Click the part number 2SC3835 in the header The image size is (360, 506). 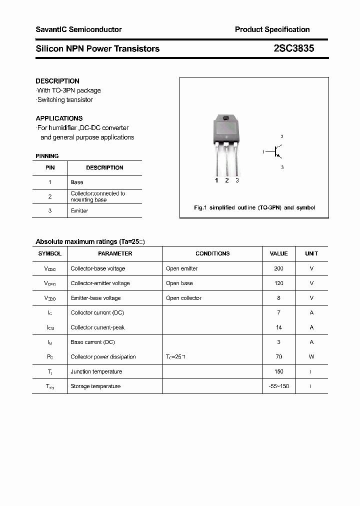[294, 48]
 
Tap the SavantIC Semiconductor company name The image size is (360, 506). [78, 29]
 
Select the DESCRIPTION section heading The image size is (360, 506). [57, 81]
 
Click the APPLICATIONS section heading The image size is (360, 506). [59, 118]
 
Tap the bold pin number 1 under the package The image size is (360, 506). [216, 180]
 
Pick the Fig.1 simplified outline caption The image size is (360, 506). [254, 207]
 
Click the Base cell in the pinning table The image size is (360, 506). [77, 182]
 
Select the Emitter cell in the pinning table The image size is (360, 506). [79, 211]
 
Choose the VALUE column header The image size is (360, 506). [278, 253]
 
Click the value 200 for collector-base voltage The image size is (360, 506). [278, 268]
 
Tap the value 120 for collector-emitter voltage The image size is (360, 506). [278, 283]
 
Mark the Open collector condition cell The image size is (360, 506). [183, 298]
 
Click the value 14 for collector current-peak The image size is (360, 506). [278, 327]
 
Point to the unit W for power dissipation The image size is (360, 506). [311, 357]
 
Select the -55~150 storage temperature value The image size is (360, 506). [278, 386]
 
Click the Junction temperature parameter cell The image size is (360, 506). [96, 371]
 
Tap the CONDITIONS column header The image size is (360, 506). [212, 253]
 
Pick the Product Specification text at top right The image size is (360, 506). [272, 29]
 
